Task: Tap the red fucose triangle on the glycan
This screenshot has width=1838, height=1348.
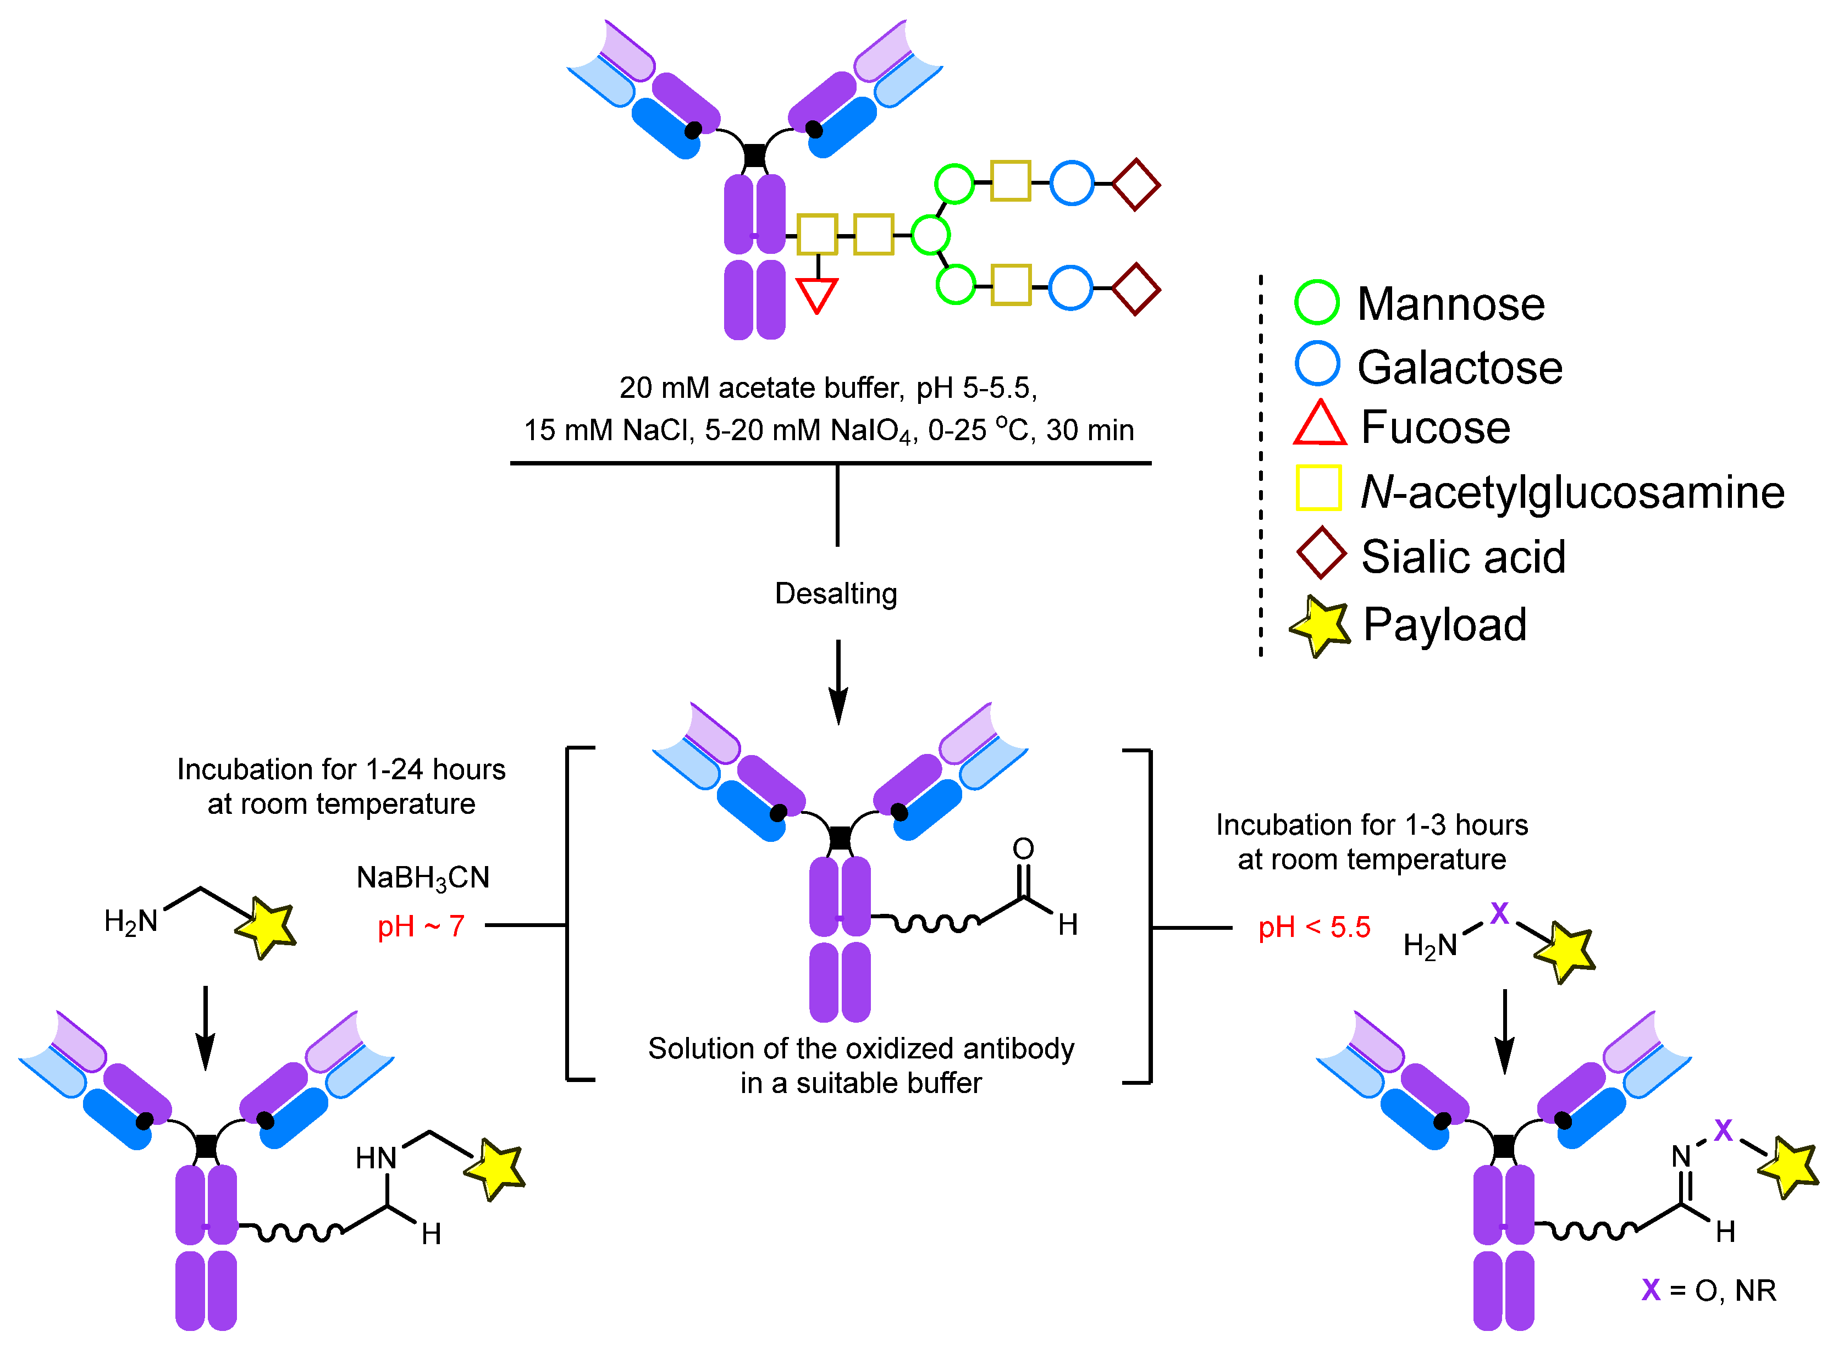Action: [x=816, y=294]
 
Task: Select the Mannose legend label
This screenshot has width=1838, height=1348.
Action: [x=1450, y=304]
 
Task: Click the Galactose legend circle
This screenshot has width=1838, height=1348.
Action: [x=1316, y=364]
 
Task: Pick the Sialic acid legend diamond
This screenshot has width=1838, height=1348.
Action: [x=1321, y=553]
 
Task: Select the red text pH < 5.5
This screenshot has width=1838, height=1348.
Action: [x=1313, y=928]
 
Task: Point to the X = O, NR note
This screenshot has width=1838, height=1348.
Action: [x=1709, y=1290]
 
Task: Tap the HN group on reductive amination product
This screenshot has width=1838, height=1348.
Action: [x=376, y=1158]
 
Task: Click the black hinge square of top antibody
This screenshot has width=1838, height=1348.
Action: [x=754, y=155]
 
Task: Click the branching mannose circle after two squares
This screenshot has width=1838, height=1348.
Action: [x=930, y=235]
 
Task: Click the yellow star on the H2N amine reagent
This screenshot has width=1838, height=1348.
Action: [x=265, y=927]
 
